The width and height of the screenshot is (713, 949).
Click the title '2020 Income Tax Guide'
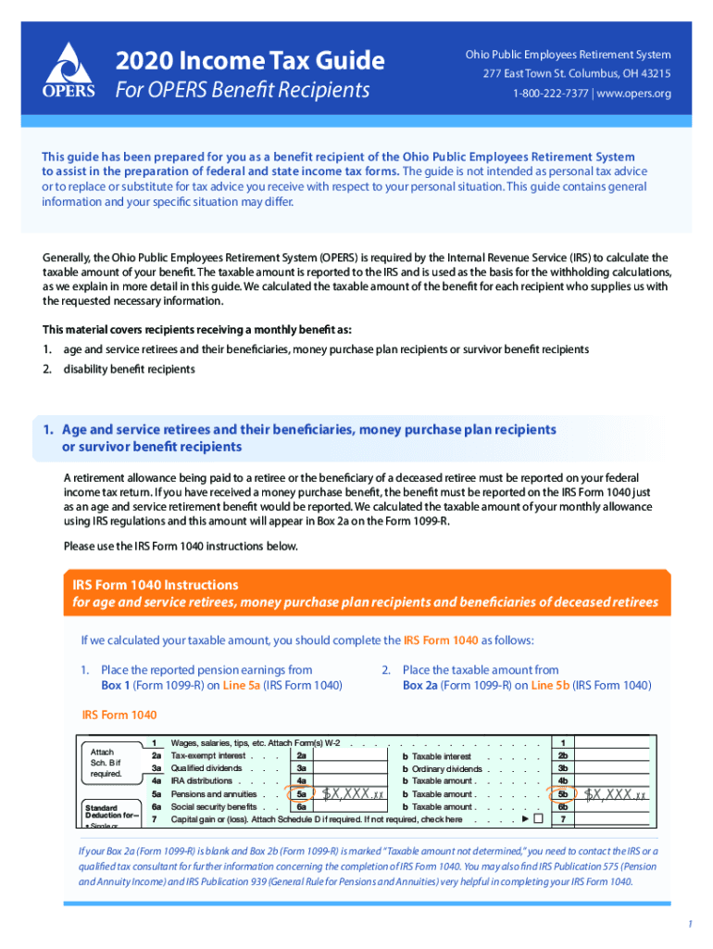point(250,61)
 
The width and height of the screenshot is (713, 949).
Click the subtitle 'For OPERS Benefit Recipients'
point(242,91)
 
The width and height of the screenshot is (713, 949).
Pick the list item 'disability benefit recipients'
point(129,369)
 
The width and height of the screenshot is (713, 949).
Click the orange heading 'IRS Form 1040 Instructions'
point(156,585)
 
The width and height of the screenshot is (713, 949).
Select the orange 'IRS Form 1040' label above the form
point(119,715)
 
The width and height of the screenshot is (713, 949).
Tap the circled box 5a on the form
point(301,794)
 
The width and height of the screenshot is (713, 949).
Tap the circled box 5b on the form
point(562,794)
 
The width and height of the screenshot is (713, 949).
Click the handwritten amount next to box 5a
point(353,794)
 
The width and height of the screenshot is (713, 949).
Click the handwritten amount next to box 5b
point(615,794)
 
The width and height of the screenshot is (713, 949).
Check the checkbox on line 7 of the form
point(538,819)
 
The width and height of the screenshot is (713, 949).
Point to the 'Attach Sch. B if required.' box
point(106,762)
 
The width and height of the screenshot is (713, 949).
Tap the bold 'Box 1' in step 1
point(119,686)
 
